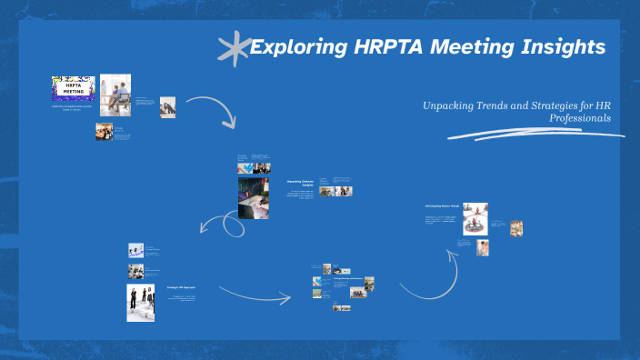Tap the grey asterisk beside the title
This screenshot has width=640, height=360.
click(234, 46)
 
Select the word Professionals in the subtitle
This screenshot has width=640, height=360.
click(580, 118)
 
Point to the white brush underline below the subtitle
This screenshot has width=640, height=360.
click(536, 134)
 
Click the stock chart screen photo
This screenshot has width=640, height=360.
click(253, 197)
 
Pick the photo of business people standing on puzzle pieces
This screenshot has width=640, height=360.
click(140, 303)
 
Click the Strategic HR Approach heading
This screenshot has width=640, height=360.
click(180, 287)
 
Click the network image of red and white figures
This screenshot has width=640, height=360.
click(475, 218)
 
